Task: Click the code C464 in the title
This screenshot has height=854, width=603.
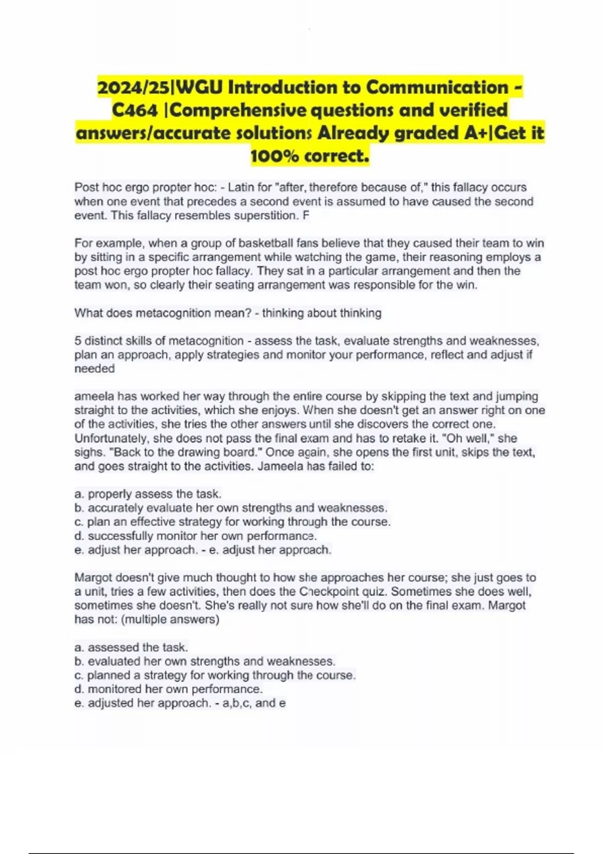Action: pos(135,110)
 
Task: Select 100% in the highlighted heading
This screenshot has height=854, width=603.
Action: pos(275,156)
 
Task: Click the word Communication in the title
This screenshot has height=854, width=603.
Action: pos(437,87)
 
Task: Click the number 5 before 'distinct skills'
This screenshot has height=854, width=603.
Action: pos(78,341)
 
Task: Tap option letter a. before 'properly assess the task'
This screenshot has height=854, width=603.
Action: pos(79,494)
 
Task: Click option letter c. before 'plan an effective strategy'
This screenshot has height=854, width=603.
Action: pos(79,522)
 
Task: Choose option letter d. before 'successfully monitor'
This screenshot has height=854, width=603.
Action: pos(79,536)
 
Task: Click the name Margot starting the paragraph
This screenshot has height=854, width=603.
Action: pos(92,578)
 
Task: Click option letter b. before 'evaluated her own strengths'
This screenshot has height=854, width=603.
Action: pos(79,661)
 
